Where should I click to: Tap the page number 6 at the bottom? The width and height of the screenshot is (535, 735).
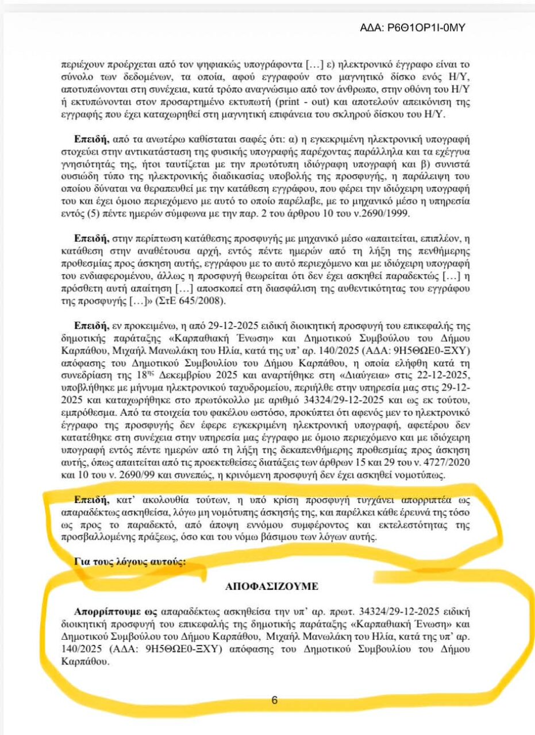(274, 700)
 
